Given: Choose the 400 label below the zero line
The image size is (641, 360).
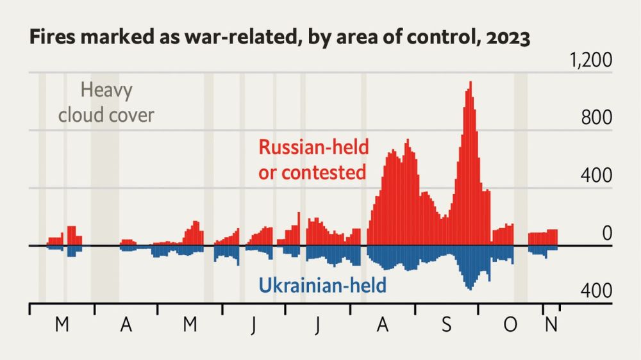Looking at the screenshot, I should tap(597, 291).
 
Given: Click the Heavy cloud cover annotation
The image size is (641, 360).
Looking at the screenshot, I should tap(106, 102).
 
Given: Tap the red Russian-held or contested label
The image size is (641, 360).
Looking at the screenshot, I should tap(313, 160).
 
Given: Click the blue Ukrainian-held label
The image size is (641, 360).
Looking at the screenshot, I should tap(322, 284).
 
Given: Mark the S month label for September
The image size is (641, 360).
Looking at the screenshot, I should tap(447, 325).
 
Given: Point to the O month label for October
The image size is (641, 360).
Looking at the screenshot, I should tap(510, 325).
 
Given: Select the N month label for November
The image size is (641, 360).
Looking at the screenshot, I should tap(551, 325).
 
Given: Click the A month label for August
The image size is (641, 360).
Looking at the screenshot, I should tap(383, 325).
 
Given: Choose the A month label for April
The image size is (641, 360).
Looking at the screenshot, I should tap(126, 325).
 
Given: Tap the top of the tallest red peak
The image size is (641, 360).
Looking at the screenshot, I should tap(470, 83).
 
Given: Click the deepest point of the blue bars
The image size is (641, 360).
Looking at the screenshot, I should tap(470, 289).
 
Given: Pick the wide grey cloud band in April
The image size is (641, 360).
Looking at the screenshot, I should tap(104, 192).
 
